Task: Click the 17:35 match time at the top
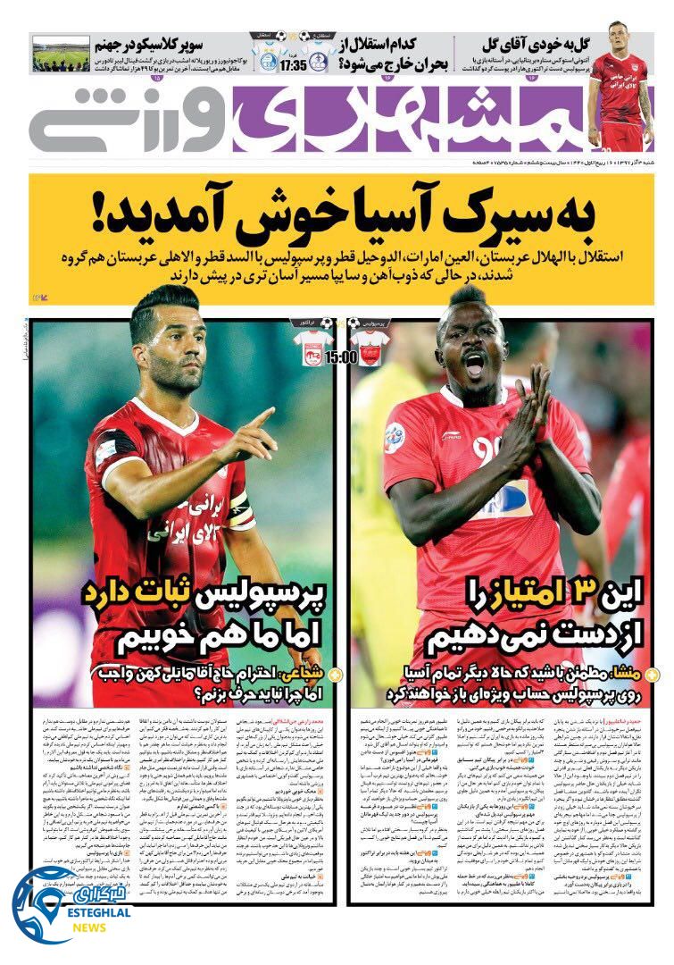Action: (x=295, y=65)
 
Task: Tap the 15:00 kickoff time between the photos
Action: (x=342, y=357)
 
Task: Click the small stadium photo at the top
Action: (x=61, y=54)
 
